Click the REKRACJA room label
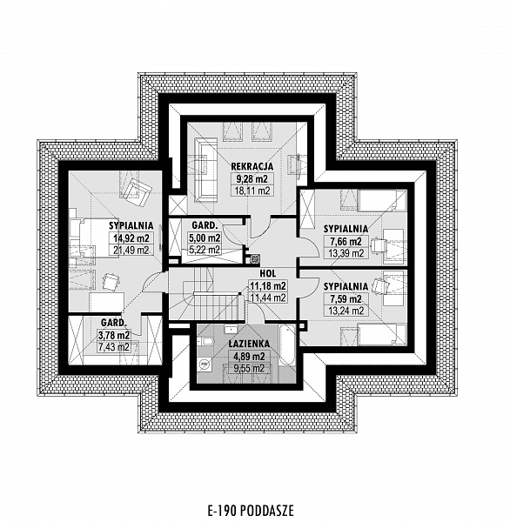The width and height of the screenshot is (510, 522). click(x=252, y=166)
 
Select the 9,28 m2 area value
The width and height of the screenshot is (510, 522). click(x=252, y=178)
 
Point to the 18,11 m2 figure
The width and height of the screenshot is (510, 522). click(x=252, y=191)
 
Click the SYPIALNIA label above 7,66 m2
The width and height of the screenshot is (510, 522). click(x=346, y=229)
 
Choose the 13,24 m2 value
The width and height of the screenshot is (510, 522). click(x=346, y=311)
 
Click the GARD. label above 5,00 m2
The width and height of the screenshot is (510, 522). click(x=205, y=225)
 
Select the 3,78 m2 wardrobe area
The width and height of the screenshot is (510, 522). click(x=114, y=335)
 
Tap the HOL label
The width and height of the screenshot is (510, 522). click(x=267, y=274)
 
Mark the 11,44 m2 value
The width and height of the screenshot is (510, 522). click(x=268, y=298)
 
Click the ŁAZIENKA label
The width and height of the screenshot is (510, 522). click(x=249, y=344)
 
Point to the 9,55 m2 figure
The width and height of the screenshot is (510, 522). click(x=249, y=369)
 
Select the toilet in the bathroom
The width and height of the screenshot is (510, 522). click(x=205, y=342)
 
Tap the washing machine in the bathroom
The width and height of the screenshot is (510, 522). click(x=204, y=365)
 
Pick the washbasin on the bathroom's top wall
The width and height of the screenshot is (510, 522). click(x=231, y=330)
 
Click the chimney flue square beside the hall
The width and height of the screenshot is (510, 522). click(x=254, y=258)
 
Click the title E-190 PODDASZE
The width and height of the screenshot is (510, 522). click(x=251, y=510)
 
